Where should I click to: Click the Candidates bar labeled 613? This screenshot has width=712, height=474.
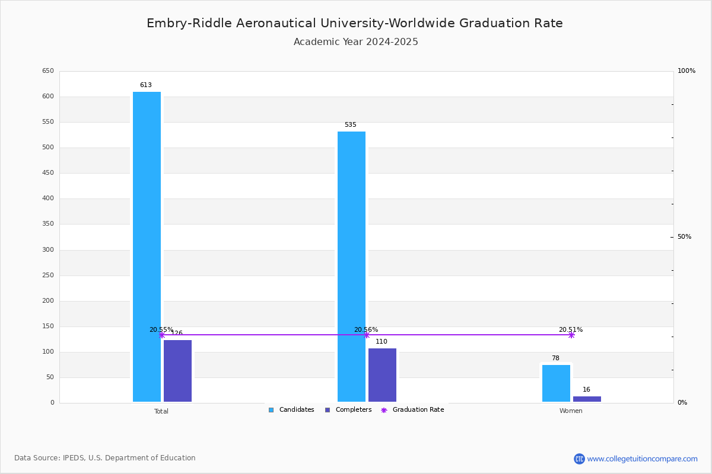pyautogui.click(x=147, y=246)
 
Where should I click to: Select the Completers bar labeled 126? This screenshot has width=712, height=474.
pyautogui.click(x=177, y=370)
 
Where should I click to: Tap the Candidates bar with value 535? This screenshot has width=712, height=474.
pyautogui.click(x=351, y=267)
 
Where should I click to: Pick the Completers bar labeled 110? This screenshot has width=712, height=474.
pyautogui.click(x=382, y=374)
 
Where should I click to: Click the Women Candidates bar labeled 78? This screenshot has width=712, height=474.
pyautogui.click(x=556, y=383)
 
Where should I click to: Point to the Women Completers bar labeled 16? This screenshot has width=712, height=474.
pyautogui.click(x=587, y=399)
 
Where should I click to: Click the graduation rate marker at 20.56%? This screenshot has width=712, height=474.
pyautogui.click(x=367, y=335)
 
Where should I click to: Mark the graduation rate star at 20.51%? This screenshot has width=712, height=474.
pyautogui.click(x=571, y=335)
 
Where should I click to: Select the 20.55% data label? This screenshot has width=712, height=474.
pyautogui.click(x=161, y=330)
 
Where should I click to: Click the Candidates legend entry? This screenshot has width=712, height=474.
pyautogui.click(x=291, y=410)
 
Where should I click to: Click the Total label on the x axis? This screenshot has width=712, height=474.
pyautogui.click(x=161, y=411)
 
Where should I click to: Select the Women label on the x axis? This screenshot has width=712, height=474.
pyautogui.click(x=571, y=411)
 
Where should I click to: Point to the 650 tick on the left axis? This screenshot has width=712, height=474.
pyautogui.click(x=48, y=71)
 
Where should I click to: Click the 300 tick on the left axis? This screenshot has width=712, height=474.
pyautogui.click(x=48, y=250)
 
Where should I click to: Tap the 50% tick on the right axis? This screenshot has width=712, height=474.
pyautogui.click(x=684, y=237)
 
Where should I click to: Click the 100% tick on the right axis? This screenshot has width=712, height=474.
pyautogui.click(x=686, y=71)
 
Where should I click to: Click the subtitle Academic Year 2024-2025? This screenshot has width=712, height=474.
pyautogui.click(x=356, y=42)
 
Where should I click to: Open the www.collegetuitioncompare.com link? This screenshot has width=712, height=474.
pyautogui.click(x=642, y=459)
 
